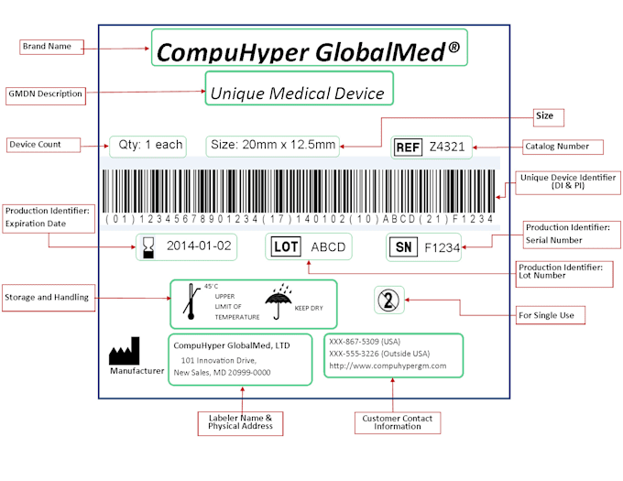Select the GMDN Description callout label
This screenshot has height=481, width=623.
coord(45,93)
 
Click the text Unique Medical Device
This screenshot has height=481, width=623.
coord(298,93)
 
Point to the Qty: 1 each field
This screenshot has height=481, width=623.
coord(147,145)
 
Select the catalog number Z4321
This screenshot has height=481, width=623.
coord(447,147)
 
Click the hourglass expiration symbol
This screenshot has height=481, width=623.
coord(148,246)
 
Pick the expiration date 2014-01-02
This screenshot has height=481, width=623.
coord(199,246)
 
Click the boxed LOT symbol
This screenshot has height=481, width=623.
coord(287,246)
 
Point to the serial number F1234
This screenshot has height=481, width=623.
coord(442,246)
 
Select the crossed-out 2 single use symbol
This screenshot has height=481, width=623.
coord(388,300)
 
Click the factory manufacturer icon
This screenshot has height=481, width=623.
coord(125,353)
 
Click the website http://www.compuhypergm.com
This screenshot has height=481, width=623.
coord(387,366)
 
